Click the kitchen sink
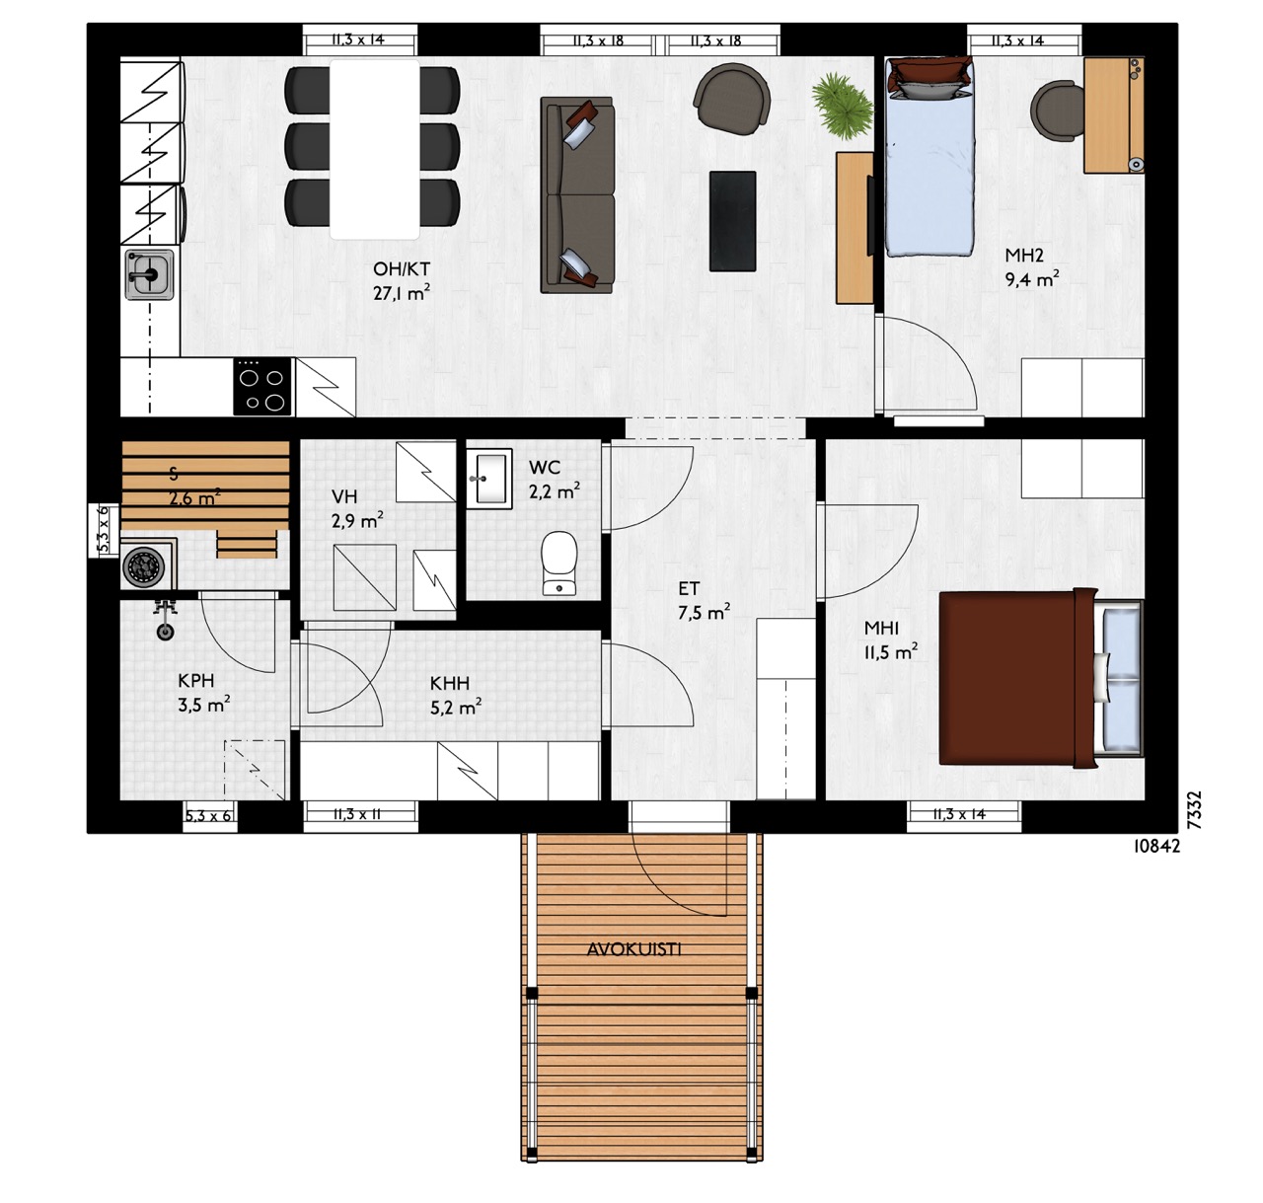pyautogui.click(x=149, y=274)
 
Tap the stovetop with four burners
pyautogui.click(x=262, y=387)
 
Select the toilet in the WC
pyautogui.click(x=558, y=563)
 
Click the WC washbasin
pyautogui.click(x=488, y=479)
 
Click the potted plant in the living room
pyautogui.click(x=842, y=106)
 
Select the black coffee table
pyautogui.click(x=732, y=221)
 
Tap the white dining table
pyautogui.click(x=375, y=149)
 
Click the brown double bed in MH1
pyautogui.click(x=1041, y=678)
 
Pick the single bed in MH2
pyautogui.click(x=929, y=156)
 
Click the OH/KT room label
pyautogui.click(x=402, y=268)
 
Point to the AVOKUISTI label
pyautogui.click(x=633, y=948)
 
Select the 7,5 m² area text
pyautogui.click(x=705, y=612)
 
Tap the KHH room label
pyautogui.click(x=450, y=683)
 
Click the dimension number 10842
pyautogui.click(x=1156, y=846)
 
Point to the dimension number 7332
pyautogui.click(x=1194, y=809)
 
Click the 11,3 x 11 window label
pyautogui.click(x=356, y=814)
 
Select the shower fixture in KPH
pyautogui.click(x=166, y=620)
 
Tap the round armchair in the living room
pyautogui.click(x=732, y=98)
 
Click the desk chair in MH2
pyautogui.click(x=1058, y=111)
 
